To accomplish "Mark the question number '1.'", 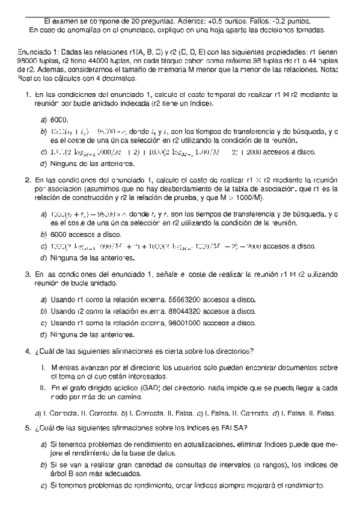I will (28, 94).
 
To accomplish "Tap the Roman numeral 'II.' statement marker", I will (43, 387).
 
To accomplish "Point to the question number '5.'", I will (28, 428).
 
